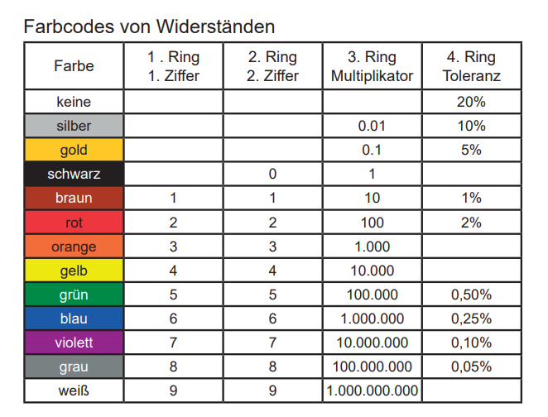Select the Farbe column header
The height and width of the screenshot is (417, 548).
[74, 66]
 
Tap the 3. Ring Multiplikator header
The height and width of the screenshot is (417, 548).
[372, 66]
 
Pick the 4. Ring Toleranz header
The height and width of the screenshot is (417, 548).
[471, 66]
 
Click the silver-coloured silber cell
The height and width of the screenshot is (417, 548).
[74, 127]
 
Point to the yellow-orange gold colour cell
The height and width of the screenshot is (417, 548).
[74, 151]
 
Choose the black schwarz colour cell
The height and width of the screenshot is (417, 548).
[74, 175]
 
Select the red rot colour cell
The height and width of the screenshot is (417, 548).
[74, 223]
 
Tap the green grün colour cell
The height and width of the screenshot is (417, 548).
[74, 295]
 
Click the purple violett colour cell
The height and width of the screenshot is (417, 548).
[74, 343]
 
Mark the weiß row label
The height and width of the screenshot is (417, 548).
[74, 391]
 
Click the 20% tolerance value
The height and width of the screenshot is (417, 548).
[471, 103]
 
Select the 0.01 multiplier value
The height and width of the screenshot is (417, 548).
[372, 127]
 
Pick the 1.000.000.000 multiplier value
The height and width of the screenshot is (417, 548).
[372, 391]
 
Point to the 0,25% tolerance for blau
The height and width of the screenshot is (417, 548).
[471, 319]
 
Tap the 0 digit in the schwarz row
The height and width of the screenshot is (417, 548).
[272, 175]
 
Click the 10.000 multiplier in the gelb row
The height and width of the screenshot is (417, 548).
[372, 271]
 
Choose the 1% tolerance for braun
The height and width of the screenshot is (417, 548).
[471, 199]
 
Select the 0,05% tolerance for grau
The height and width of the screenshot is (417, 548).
[471, 367]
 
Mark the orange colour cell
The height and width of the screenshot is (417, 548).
[74, 247]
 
